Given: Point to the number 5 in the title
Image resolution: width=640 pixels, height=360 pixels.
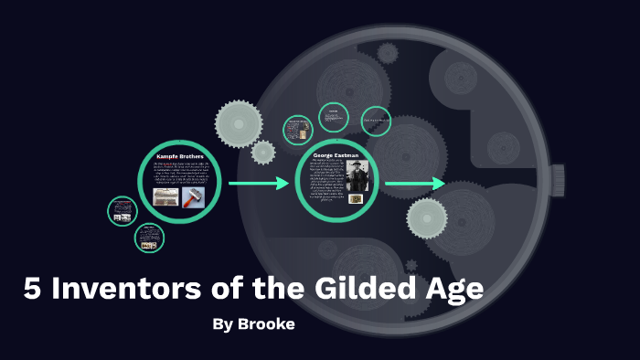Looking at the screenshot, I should pos(33,290).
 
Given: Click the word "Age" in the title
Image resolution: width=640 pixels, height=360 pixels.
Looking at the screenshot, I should pos(453,291).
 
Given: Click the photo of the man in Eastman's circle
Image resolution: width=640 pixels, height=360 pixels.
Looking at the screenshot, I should pos(356,175).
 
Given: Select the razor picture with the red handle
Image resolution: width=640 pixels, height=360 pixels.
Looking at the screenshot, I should pos(193,196).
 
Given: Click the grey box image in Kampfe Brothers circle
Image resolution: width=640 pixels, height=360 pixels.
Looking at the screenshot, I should pos(165,196).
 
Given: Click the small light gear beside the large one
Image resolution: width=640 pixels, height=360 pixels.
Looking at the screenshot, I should pos(263,153).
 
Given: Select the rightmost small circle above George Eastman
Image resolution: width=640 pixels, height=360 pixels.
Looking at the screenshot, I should pos(376,121).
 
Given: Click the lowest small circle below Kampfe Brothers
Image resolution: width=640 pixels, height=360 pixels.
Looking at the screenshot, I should pos(149,238).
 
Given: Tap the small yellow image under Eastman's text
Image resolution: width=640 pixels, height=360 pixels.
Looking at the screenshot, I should pos(357,198).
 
